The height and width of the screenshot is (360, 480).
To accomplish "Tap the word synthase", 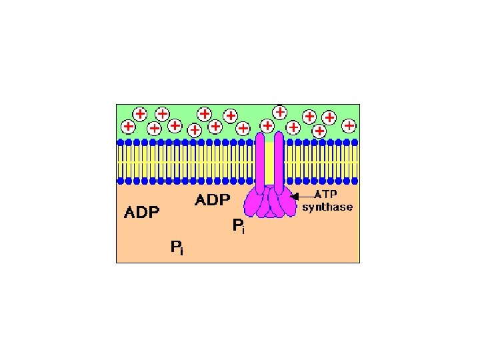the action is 327,207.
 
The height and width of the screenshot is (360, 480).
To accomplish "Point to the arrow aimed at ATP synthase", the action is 304,196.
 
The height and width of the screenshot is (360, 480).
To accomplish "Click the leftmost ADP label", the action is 142,213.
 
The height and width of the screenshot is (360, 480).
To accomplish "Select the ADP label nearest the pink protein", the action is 212,199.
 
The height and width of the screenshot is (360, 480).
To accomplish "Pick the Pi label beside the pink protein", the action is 238,227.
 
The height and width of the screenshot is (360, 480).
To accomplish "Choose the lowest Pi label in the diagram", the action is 177,249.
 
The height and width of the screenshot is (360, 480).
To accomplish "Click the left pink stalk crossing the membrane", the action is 261,160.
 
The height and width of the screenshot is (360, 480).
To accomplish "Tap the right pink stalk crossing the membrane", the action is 279,160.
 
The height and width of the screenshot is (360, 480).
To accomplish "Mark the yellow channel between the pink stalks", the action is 269,163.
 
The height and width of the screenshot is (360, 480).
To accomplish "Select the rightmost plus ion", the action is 349,125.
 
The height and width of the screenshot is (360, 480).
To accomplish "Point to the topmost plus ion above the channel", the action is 280,111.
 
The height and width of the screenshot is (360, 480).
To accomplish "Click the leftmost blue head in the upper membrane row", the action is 121,142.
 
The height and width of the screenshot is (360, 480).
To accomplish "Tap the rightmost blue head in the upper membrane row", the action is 355,142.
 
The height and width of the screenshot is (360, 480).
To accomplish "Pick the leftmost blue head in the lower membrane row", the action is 121,181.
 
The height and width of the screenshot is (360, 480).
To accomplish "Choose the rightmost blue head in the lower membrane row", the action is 355,181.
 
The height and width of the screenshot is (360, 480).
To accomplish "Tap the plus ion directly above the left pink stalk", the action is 267,125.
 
